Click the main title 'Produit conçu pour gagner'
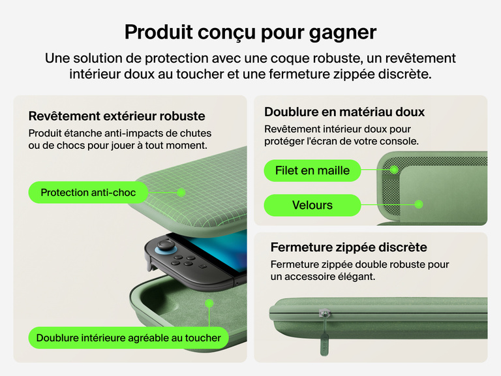coord(250,31)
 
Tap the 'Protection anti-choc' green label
coord(88,193)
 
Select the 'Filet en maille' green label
coord(312,170)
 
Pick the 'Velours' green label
coord(312,205)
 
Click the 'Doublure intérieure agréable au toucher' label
coord(129,337)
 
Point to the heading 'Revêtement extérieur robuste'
coord(117,116)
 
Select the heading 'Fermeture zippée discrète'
coord(348,247)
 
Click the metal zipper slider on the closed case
coord(322,314)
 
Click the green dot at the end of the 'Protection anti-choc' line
coord(182,193)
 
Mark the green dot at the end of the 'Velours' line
coord(419,204)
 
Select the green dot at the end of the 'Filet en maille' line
coord(395,170)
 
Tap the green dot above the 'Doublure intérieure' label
coord(209,303)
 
